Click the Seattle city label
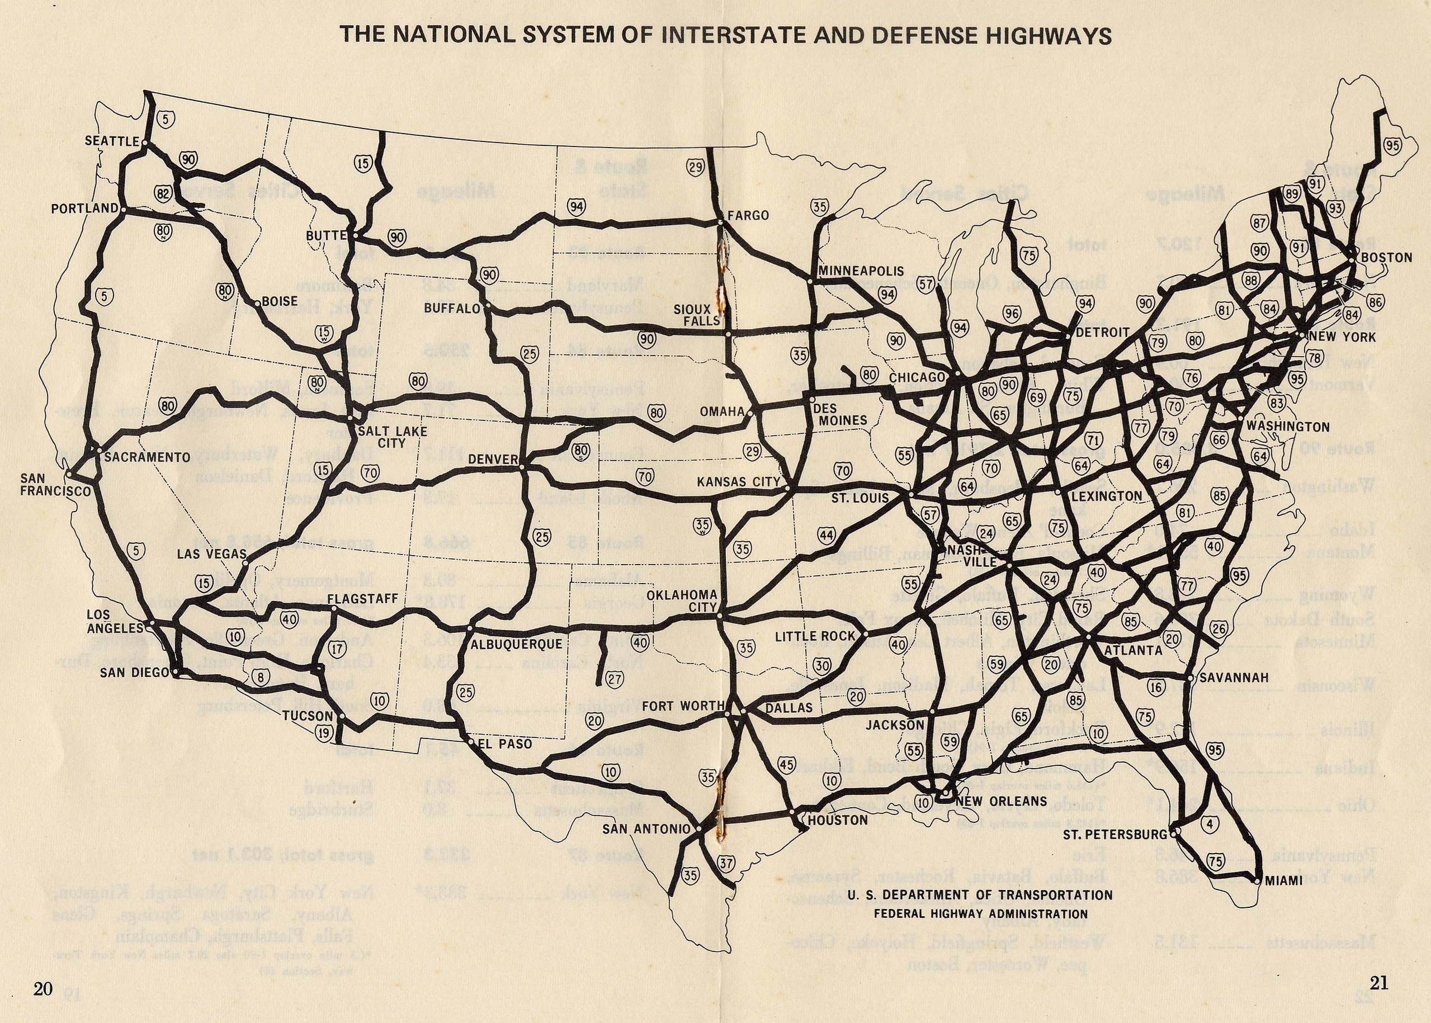pos(111,141)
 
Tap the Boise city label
pos(279,302)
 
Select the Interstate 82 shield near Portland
pos(163,193)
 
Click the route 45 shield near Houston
pos(786,765)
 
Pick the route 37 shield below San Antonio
pos(726,863)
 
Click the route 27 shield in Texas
pos(615,679)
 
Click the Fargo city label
pos(748,215)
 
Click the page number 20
pos(43,988)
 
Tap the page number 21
pos(1378,983)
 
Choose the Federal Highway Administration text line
pos(980,913)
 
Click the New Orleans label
pos(1002,801)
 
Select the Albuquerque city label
pos(516,644)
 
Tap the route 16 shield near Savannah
pos(1156,686)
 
